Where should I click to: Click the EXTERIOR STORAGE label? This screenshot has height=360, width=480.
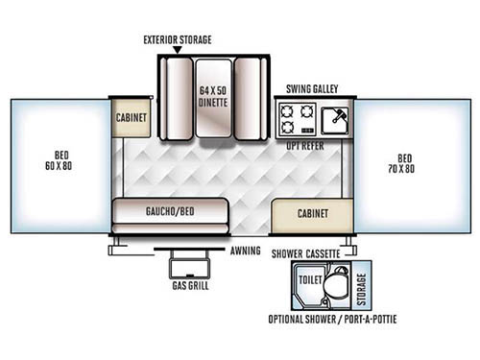tap(177, 39)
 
